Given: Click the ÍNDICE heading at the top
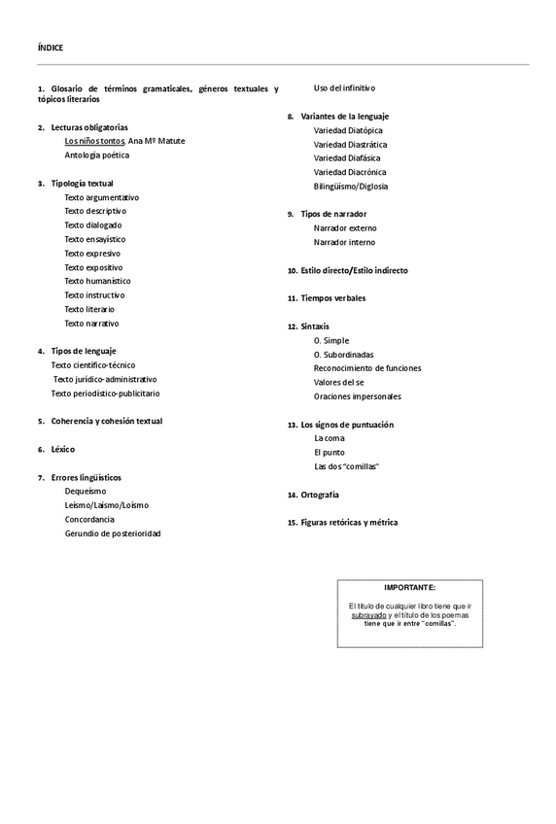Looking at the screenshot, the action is point(51,47).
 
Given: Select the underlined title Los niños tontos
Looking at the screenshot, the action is point(94,141).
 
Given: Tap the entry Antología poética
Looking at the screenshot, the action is point(97,154).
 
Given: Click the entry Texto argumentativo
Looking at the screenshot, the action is point(102,197).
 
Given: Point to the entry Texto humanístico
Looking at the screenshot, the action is point(97,281).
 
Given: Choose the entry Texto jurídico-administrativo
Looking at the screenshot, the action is point(105,379).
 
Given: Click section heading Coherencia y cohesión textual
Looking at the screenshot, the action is point(107,421).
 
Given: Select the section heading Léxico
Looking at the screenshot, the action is point(63,449).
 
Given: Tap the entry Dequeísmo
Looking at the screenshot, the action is point(86,492).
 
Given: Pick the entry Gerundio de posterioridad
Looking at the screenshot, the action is point(113,533).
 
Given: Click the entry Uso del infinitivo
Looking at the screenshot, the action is point(344,88).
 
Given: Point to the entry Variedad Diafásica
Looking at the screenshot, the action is point(347,157).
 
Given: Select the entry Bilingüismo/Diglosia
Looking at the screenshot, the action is point(351,186).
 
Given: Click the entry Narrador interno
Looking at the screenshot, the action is point(344,242).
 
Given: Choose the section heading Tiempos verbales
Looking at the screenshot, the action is point(333,298).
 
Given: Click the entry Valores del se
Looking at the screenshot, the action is point(338,383).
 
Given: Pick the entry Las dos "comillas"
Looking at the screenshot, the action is point(346,466).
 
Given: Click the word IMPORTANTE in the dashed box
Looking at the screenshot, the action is point(409,588).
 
